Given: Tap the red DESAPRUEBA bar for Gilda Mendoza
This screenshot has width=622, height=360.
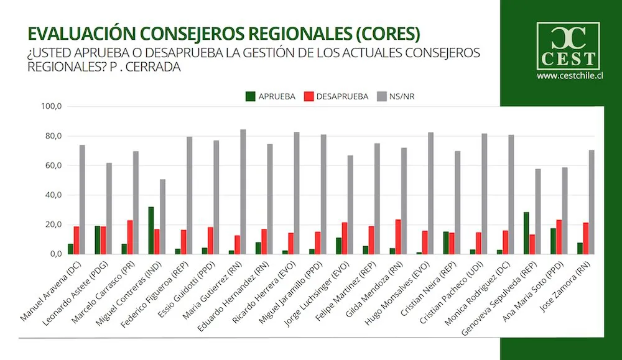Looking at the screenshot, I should [x=397, y=236].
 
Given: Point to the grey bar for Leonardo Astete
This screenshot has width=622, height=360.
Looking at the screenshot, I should [x=109, y=208].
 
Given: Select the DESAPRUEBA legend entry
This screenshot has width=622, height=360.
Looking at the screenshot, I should [x=337, y=96].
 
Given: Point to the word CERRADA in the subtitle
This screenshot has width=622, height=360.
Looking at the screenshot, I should [x=152, y=68].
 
